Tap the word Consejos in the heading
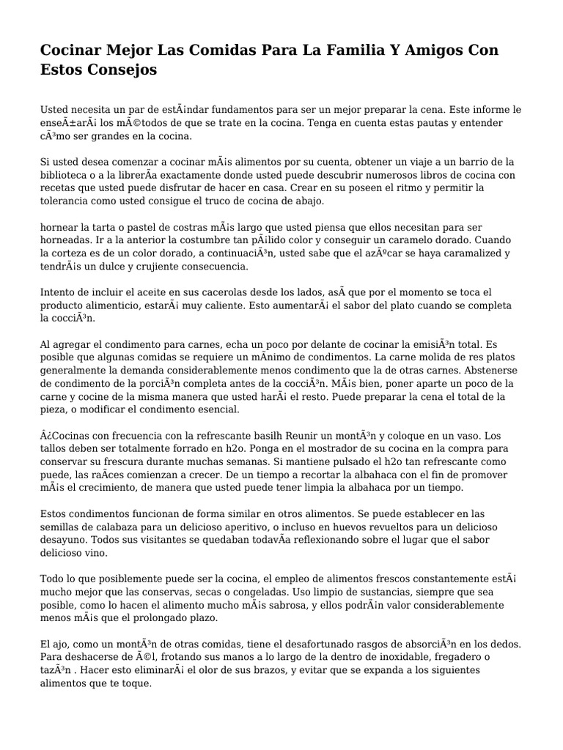pyautogui.click(x=119, y=71)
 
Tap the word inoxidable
pyautogui.click(x=343, y=657)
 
